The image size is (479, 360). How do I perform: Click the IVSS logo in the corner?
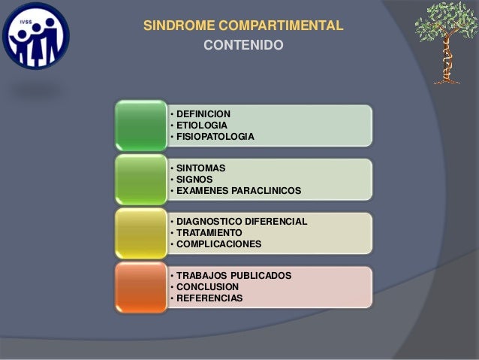click(x=35, y=35)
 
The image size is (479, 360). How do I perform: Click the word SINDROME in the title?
click(x=179, y=26)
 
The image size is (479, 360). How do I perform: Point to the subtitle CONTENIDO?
click(x=243, y=46)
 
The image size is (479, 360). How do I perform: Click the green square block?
click(x=140, y=125)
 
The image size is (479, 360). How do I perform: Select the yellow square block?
click(x=140, y=233)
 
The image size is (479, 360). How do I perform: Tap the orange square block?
click(x=140, y=287)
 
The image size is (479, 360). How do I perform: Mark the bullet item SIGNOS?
click(x=194, y=180)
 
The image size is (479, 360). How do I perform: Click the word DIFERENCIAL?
click(x=275, y=222)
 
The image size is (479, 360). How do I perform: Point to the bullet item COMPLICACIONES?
click(x=218, y=244)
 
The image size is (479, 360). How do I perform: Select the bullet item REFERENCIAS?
click(x=209, y=298)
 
